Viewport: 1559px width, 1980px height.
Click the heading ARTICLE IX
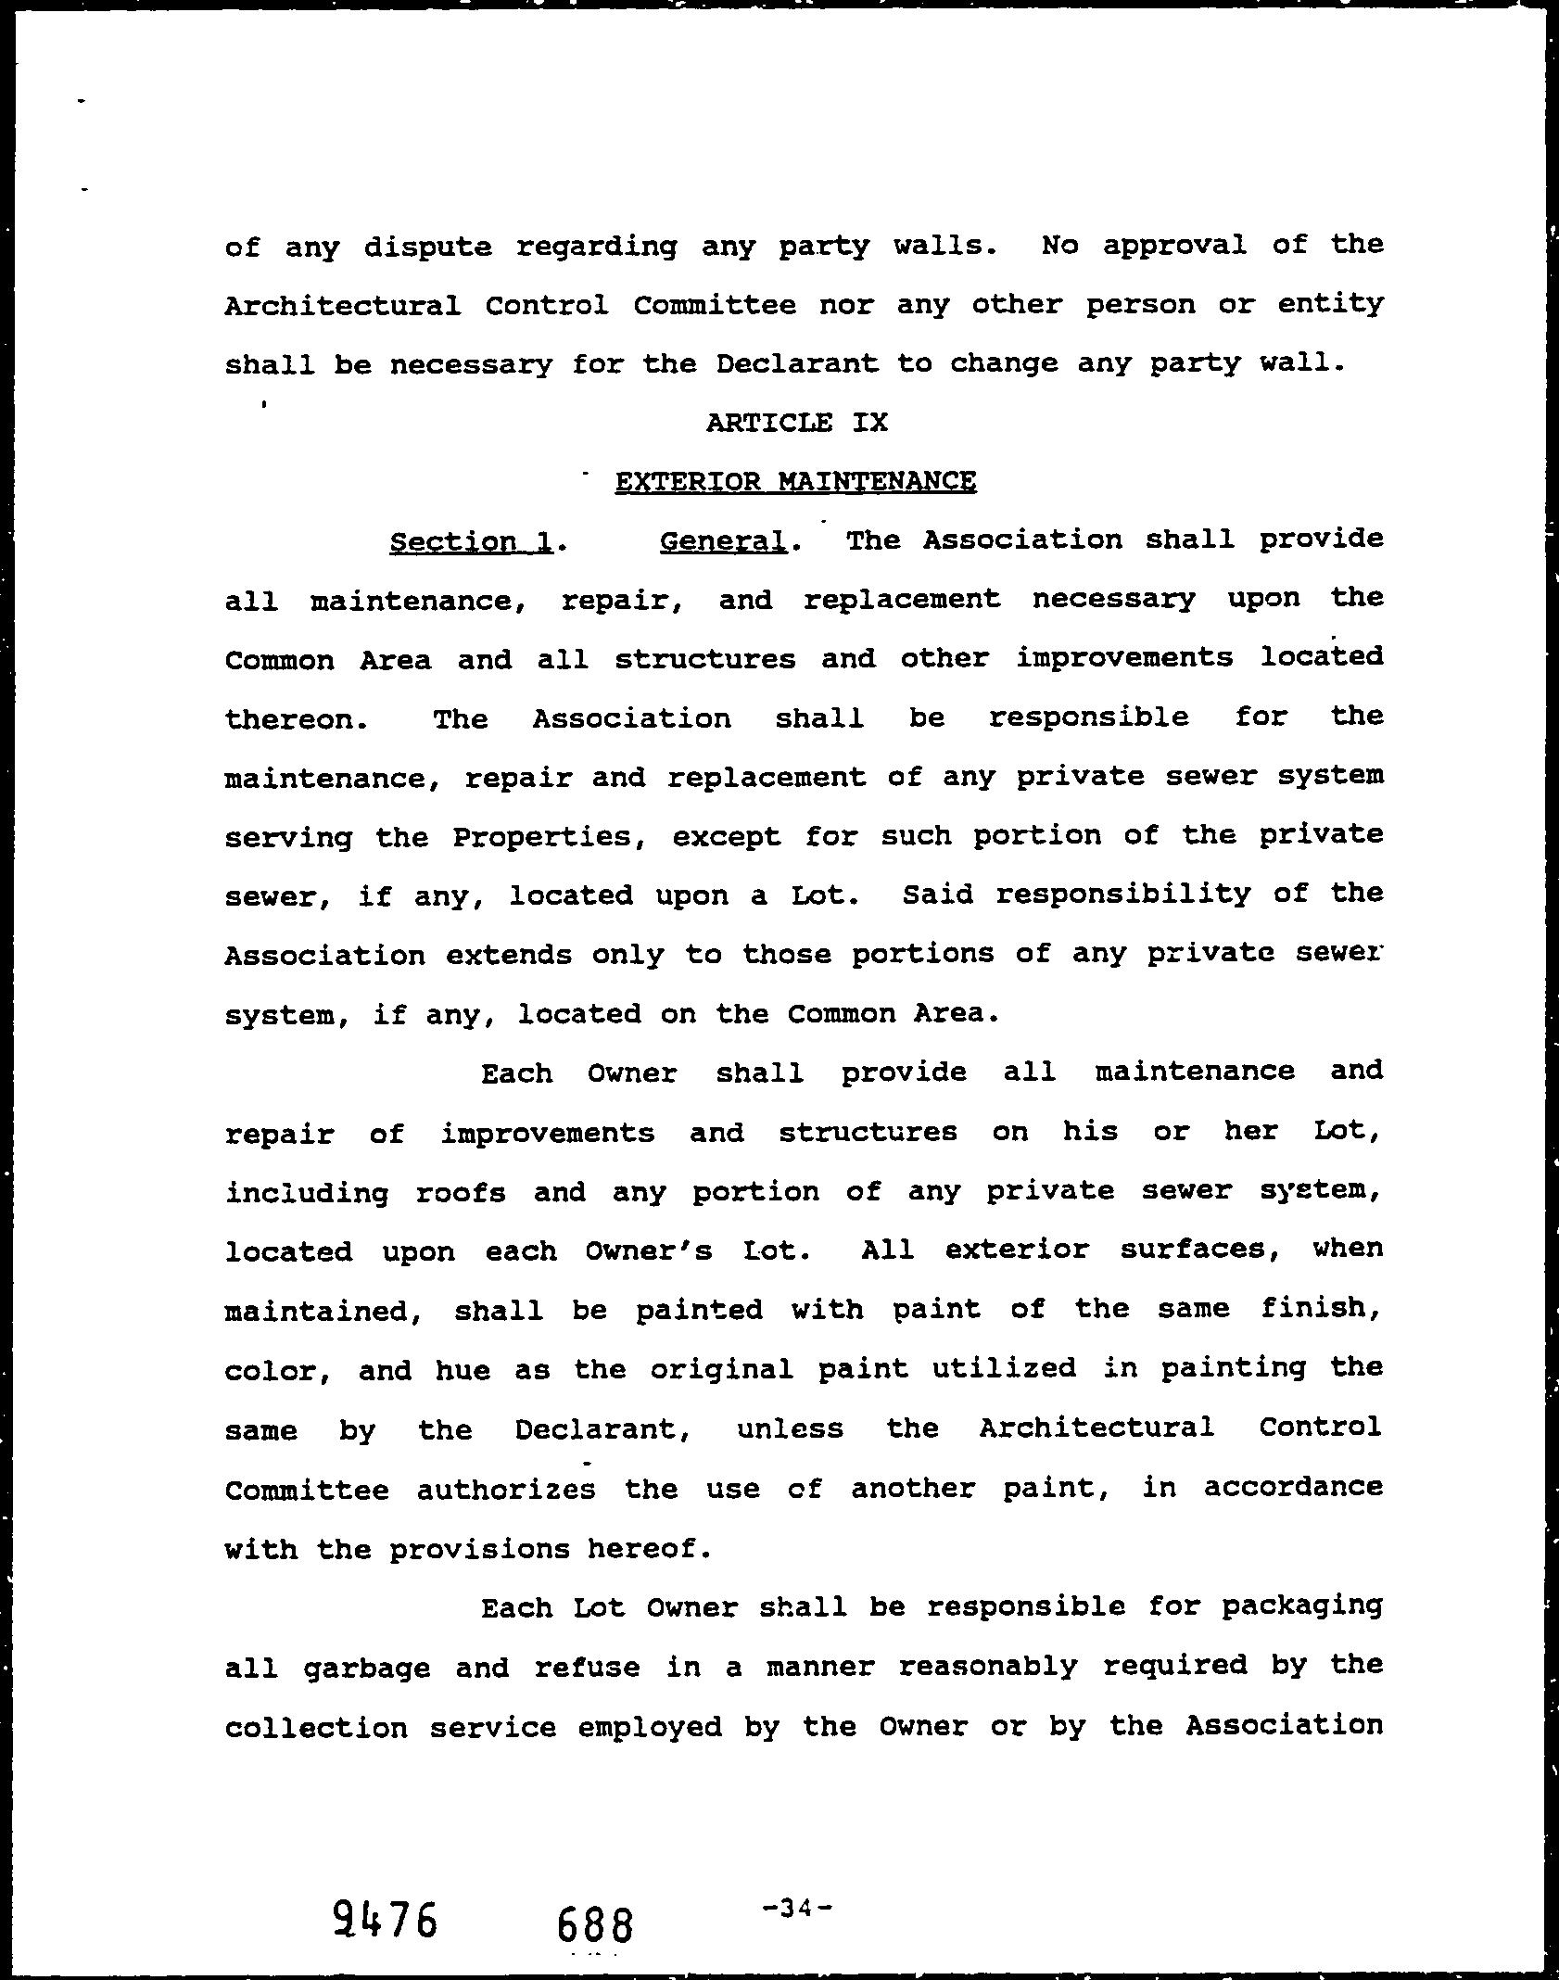(x=797, y=424)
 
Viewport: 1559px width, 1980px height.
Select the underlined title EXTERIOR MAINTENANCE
(x=795, y=482)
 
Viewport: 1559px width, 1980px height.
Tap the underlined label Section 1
(x=471, y=541)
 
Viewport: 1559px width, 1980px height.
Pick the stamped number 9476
(x=385, y=1921)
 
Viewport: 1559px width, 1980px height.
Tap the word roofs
(x=461, y=1193)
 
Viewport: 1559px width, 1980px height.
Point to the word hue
(x=463, y=1370)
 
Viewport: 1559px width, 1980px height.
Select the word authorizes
(x=505, y=1490)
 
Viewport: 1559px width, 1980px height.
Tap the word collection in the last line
(x=316, y=1728)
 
